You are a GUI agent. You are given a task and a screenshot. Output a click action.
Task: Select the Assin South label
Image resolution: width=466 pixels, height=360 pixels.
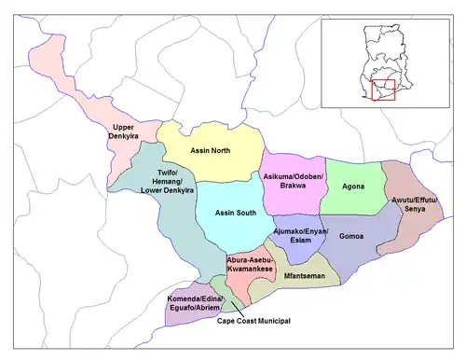(236, 214)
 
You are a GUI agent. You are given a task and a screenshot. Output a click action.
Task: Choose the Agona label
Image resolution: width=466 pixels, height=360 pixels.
(353, 186)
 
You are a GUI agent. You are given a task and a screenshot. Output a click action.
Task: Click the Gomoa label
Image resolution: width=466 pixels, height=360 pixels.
(351, 237)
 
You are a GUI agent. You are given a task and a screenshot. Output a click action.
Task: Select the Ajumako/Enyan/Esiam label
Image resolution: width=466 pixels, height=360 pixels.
(298, 233)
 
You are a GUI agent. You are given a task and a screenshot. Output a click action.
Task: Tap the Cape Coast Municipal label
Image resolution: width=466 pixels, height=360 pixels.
(254, 320)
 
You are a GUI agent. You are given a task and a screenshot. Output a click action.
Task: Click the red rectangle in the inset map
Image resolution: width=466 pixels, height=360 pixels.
(383, 90)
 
